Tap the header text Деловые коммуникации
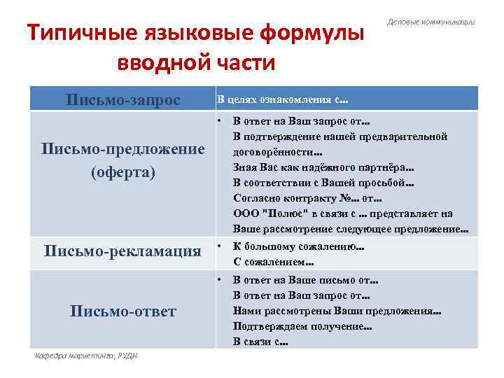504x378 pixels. click(431, 22)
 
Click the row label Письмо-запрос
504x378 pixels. click(122, 99)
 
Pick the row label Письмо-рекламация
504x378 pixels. click(122, 251)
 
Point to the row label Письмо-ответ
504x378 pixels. click(122, 310)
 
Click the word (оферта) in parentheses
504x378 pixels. click(122, 172)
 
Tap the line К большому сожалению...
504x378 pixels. click(299, 247)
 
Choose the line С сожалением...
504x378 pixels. click(273, 262)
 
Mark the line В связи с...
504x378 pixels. click(261, 342)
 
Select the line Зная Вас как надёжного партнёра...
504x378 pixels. click(323, 167)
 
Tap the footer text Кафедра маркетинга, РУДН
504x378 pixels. click(87, 356)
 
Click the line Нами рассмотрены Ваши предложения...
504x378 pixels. click(337, 311)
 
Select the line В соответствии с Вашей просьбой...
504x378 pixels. click(323, 183)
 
